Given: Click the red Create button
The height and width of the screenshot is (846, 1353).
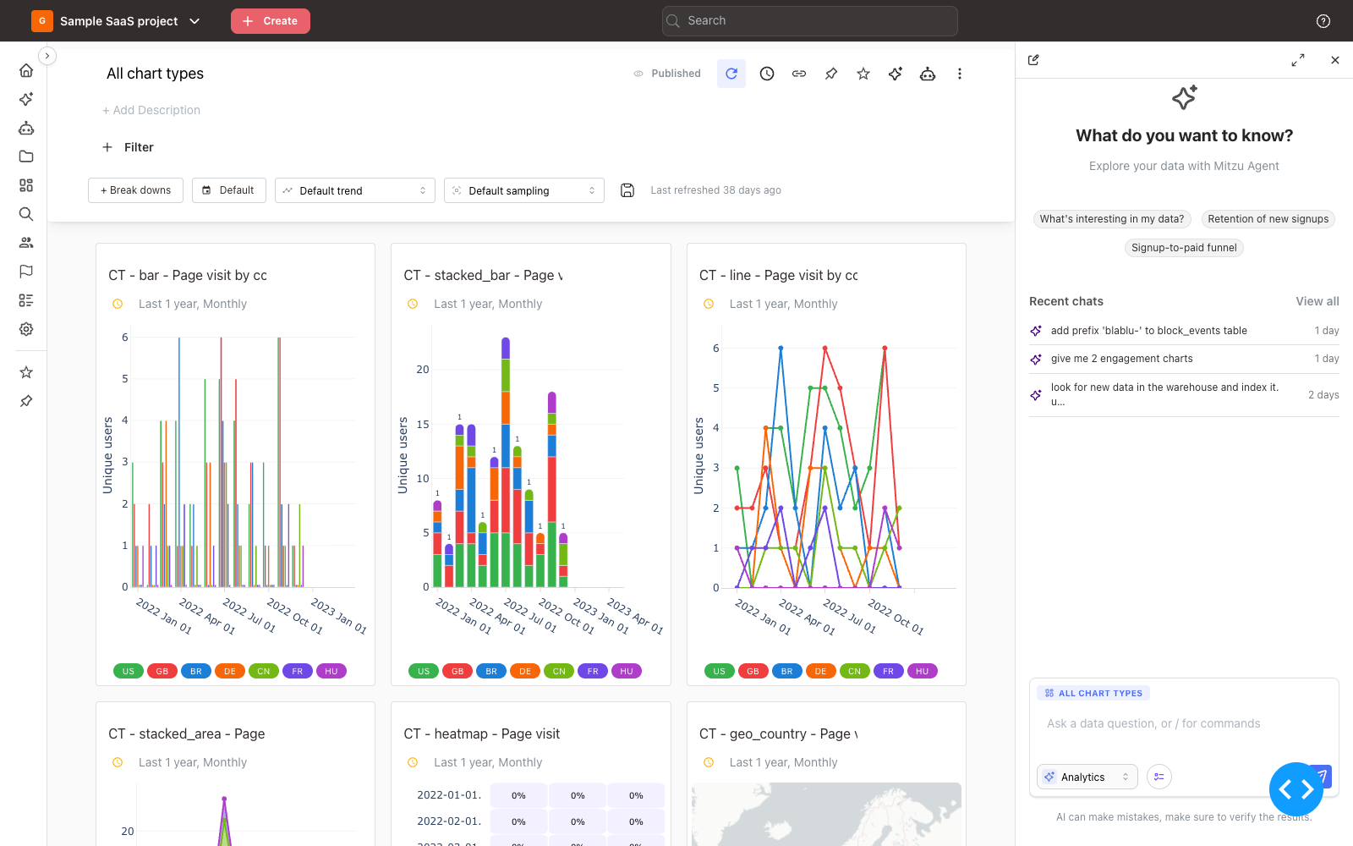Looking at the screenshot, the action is click(270, 21).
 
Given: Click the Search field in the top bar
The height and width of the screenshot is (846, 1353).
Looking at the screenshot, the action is click(809, 21).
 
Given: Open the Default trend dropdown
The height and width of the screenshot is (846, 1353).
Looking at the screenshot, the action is click(354, 190).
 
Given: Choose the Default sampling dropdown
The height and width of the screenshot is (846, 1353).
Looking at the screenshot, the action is click(523, 190).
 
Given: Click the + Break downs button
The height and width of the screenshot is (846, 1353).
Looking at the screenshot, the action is click(135, 190).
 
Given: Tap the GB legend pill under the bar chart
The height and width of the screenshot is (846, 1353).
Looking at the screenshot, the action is click(162, 671).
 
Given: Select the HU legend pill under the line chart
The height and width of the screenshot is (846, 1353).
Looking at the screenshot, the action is click(922, 671).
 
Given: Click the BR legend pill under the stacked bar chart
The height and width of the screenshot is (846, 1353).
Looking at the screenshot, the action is click(491, 671).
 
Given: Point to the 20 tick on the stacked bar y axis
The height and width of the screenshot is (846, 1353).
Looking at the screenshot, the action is click(423, 369).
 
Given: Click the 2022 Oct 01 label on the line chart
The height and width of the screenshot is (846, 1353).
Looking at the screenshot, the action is click(896, 617).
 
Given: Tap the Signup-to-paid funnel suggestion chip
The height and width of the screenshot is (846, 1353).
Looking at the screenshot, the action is click(1184, 248).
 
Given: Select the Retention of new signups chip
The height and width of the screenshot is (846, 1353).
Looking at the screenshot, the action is click(1268, 219).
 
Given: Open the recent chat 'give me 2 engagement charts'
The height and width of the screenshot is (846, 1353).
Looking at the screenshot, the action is click(1121, 359).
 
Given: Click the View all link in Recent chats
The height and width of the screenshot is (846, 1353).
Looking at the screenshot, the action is click(1317, 301).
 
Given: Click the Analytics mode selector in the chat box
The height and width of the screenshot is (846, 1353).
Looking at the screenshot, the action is click(1087, 777).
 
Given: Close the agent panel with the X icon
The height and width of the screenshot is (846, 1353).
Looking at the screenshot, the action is click(1335, 60).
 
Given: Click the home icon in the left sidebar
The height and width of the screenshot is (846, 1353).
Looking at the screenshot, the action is click(26, 70).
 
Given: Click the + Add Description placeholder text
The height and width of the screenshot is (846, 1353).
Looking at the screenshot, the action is click(151, 110).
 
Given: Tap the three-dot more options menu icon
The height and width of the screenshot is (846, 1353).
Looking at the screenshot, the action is click(959, 74).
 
